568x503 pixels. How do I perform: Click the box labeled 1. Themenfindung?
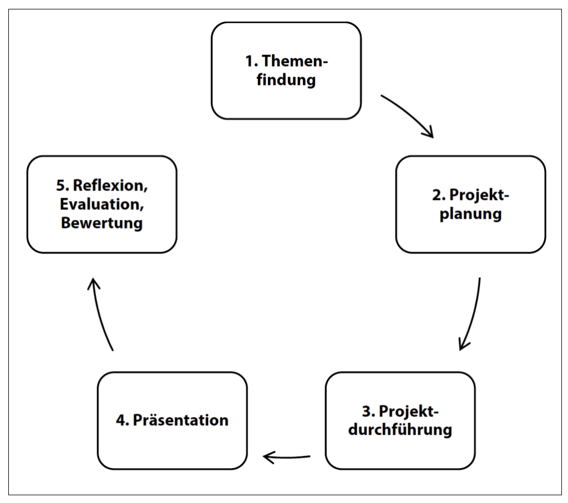(x=286, y=70)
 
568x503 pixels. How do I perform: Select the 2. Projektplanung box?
(x=470, y=204)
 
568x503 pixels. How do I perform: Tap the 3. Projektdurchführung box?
(x=400, y=420)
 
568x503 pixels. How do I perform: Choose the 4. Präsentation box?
(x=172, y=420)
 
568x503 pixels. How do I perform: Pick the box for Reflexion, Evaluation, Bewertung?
(x=102, y=204)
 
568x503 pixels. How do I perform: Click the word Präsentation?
(x=181, y=420)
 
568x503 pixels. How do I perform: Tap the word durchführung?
(x=400, y=430)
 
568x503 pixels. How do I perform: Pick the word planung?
(x=470, y=214)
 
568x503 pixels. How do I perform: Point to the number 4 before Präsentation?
(x=121, y=420)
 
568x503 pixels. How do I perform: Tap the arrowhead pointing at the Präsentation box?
(x=268, y=458)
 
